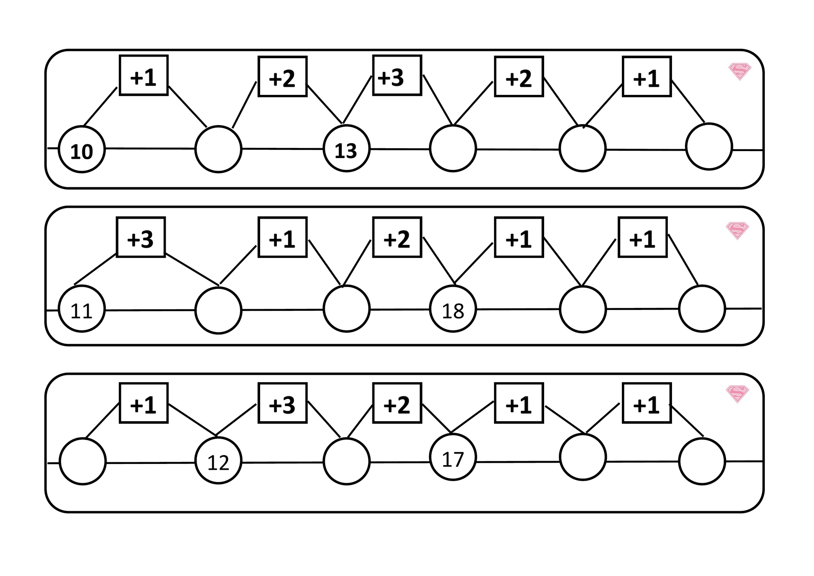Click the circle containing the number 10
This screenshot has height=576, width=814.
tap(82, 149)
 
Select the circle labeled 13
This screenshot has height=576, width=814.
tap(346, 148)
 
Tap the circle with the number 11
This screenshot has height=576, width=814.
tap(82, 309)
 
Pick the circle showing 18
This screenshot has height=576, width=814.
tap(453, 309)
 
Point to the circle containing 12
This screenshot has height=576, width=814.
tap(219, 460)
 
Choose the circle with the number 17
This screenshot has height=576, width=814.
tap(453, 457)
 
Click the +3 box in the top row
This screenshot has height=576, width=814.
tap(397, 75)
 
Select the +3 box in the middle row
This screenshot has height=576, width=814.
tap(141, 237)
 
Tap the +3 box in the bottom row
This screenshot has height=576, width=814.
tap(282, 403)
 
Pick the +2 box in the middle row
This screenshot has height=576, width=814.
tap(397, 237)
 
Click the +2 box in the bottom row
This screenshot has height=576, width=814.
tap(397, 403)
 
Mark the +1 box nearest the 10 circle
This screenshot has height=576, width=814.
tap(144, 75)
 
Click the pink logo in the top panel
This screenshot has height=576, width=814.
tap(740, 72)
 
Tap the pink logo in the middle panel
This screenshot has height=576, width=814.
tap(737, 231)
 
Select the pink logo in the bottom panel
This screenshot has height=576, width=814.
tap(737, 394)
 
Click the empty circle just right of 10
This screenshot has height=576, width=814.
tap(219, 149)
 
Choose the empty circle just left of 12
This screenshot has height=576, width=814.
tap(83, 461)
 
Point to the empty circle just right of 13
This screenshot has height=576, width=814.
tap(453, 148)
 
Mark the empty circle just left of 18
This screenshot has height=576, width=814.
tap(346, 309)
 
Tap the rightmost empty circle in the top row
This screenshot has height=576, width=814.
tap(709, 146)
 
